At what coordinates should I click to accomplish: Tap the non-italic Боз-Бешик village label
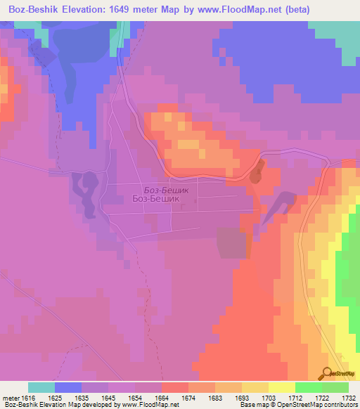pos(156,199)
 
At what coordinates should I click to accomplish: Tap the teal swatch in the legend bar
pos(41,387)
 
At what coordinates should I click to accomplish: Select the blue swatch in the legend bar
pos(68,387)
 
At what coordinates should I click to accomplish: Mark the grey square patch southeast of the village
pos(231,243)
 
